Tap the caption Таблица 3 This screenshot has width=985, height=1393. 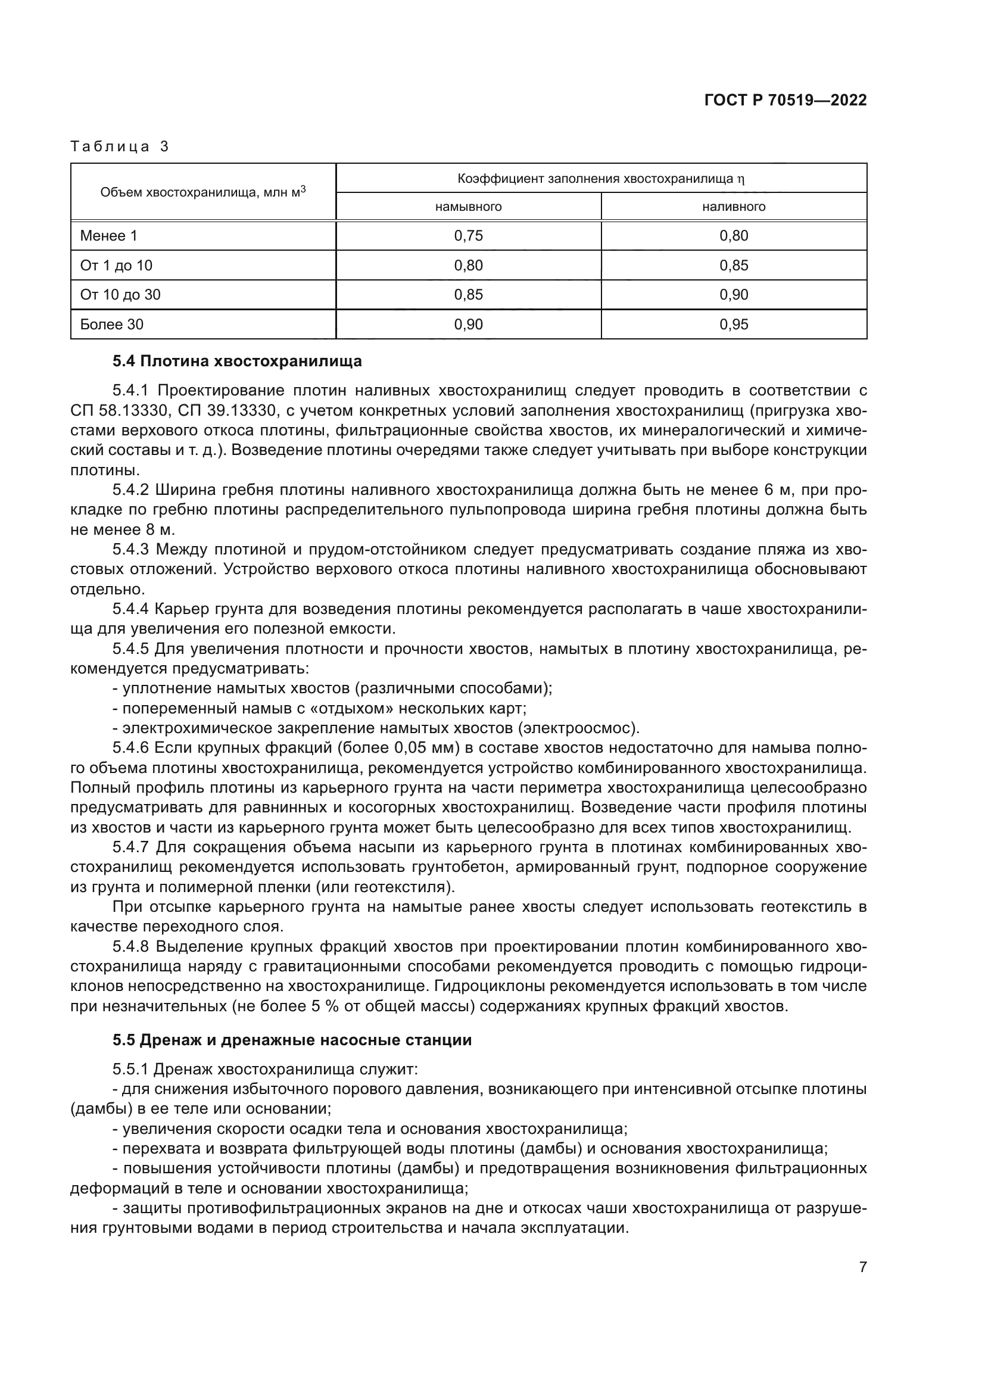[x=120, y=147]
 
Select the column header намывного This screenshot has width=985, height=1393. [x=468, y=207]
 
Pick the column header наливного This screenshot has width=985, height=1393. [x=733, y=207]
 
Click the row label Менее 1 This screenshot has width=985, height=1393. [x=108, y=236]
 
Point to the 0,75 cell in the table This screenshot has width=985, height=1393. [x=468, y=236]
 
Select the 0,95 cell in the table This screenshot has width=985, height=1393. [x=733, y=325]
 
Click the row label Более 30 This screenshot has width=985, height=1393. [x=111, y=325]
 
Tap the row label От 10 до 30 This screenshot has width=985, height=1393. [x=120, y=295]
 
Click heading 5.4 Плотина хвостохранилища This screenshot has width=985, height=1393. [x=236, y=362]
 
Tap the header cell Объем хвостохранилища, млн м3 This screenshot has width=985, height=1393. [x=202, y=192]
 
